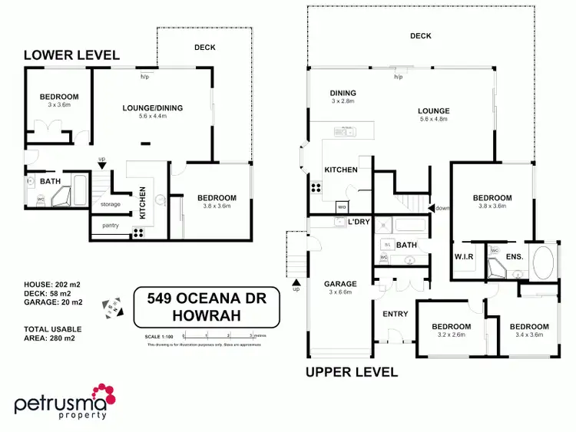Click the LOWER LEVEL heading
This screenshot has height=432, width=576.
[71, 54]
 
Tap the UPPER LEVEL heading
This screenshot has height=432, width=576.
[352, 372]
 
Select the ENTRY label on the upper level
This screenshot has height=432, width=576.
[395, 314]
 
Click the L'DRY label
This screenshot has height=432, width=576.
[359, 222]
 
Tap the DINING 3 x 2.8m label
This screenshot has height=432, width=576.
[343, 97]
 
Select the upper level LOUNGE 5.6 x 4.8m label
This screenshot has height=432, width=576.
[434, 115]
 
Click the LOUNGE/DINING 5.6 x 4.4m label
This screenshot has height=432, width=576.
[153, 112]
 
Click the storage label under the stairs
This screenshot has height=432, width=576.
[110, 204]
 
